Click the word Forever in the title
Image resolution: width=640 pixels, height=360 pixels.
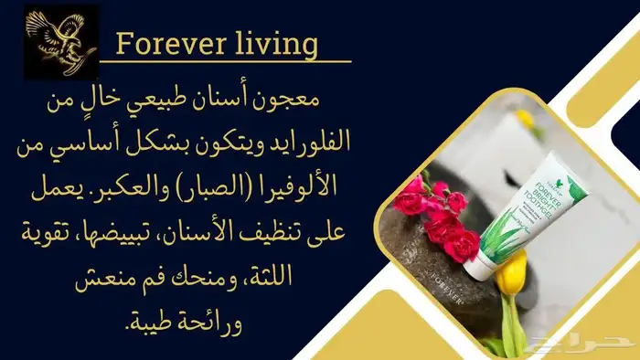(170, 44)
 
